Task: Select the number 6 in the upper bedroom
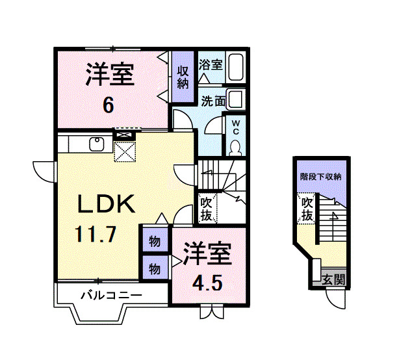pos(109,104)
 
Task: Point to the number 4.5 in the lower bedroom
pos(207,283)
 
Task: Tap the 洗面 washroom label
pos(212,101)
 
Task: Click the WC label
pos(235,125)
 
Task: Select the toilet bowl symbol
pos(235,146)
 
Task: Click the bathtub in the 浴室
pos(237,68)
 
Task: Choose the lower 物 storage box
pos(155,268)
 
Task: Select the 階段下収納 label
pos(321,176)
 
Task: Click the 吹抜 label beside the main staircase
pos(206,209)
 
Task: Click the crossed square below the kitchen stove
pos(123,152)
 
